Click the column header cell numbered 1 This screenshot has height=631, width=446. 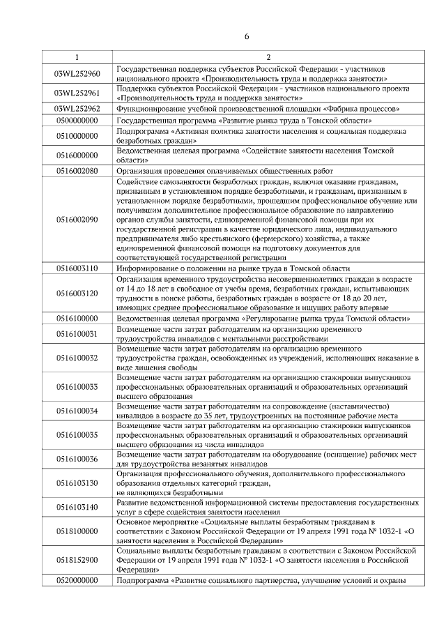[77, 56]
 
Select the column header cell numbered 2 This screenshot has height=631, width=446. [268, 56]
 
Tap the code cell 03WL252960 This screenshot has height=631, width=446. [77, 74]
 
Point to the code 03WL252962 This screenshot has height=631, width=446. [77, 109]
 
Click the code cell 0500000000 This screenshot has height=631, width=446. [77, 121]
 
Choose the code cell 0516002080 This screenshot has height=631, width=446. [77, 170]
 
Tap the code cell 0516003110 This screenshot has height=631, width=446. [77, 268]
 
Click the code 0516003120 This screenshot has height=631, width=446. [77, 294]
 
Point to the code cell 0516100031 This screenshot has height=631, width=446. [77, 333]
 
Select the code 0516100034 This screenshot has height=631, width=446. [77, 411]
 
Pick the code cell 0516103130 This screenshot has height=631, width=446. [77, 482]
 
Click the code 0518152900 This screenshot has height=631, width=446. [77, 559]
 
